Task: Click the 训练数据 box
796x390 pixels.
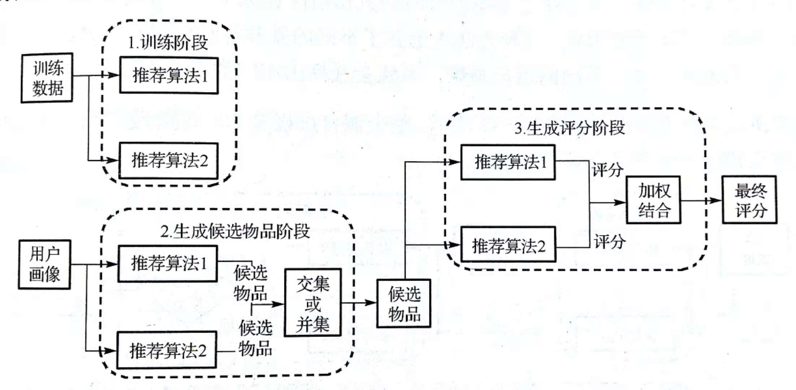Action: click(47, 78)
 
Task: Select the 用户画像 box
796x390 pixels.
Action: click(44, 264)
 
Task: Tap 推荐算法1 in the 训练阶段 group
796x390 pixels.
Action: click(169, 75)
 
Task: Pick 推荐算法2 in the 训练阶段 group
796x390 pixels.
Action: click(169, 160)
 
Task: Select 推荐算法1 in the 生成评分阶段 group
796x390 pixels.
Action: click(508, 162)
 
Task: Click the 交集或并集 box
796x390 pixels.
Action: click(313, 303)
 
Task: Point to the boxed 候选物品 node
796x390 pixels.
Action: click(404, 304)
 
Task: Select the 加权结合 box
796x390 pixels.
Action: click(654, 200)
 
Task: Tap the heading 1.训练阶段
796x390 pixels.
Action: click(168, 43)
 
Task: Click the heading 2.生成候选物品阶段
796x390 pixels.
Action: click(235, 231)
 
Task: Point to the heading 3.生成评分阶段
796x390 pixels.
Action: click(570, 128)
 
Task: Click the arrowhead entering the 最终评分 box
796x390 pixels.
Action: click(716, 200)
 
